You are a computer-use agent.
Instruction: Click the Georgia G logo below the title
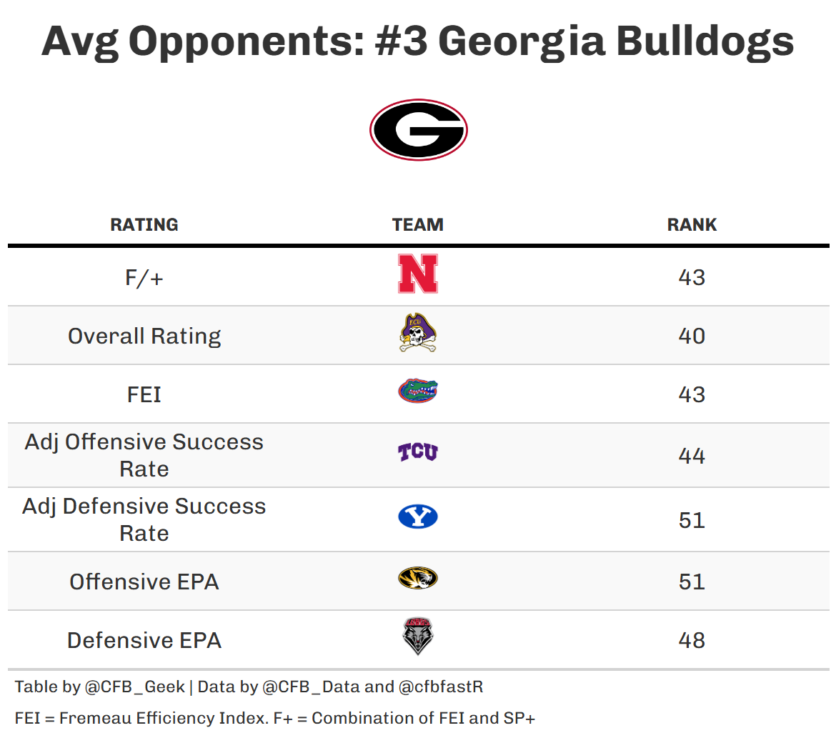pos(418,130)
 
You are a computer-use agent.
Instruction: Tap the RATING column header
pos(144,224)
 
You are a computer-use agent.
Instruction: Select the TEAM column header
pos(418,224)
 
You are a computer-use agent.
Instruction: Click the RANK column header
pos(692,224)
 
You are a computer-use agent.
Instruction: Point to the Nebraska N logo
pos(418,274)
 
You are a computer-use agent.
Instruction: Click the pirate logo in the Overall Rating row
pos(418,333)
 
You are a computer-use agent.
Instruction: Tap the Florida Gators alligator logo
pos(418,392)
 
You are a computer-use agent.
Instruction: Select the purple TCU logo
pos(418,452)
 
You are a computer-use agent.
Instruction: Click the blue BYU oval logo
pos(418,517)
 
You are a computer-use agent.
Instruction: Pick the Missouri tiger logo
pos(418,578)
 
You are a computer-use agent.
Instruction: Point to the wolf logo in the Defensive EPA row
pos(418,637)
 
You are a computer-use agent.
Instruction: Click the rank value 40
pos(692,336)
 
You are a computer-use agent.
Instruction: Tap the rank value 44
pos(692,456)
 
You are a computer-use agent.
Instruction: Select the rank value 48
pos(692,640)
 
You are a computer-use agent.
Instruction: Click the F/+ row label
pos(144,277)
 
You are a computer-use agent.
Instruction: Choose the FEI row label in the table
pos(144,394)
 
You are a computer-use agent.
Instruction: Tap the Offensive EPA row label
pos(144,582)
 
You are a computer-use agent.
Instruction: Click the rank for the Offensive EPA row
pos(692,582)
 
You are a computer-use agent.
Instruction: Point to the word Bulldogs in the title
pos(705,41)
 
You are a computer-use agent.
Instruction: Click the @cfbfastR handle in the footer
pos(441,687)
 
